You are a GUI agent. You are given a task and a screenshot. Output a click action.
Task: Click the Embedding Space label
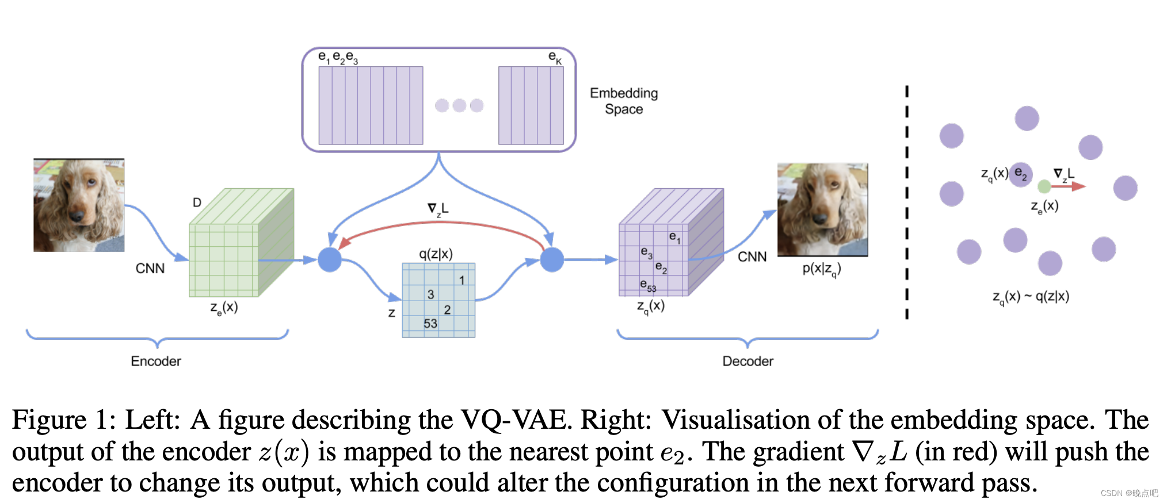tap(624, 101)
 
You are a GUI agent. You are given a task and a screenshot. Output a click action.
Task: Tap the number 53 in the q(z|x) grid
tap(430, 323)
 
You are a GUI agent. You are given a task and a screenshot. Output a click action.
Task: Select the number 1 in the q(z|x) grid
tap(462, 280)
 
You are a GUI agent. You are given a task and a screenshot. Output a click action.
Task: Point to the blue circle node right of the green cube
tap(330, 260)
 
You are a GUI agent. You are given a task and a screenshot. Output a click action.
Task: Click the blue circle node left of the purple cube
tap(552, 260)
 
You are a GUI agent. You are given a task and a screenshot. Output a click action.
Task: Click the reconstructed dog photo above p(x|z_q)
tap(822, 209)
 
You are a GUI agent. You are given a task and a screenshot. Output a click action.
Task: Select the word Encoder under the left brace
tap(155, 361)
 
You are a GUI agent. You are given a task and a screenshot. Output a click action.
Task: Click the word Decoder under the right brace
tap(748, 361)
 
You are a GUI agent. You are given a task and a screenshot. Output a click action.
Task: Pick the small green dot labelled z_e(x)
tap(1044, 186)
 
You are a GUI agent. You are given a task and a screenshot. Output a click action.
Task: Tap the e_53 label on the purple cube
tap(648, 285)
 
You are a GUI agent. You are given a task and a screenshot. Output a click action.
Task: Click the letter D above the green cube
tap(197, 203)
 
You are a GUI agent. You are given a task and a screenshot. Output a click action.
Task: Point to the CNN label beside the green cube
tap(150, 268)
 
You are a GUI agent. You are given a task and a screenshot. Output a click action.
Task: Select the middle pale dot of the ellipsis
tap(459, 105)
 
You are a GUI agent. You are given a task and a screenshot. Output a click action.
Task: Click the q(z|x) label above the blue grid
tap(436, 254)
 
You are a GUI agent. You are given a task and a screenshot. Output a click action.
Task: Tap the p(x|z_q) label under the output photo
tap(822, 269)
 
